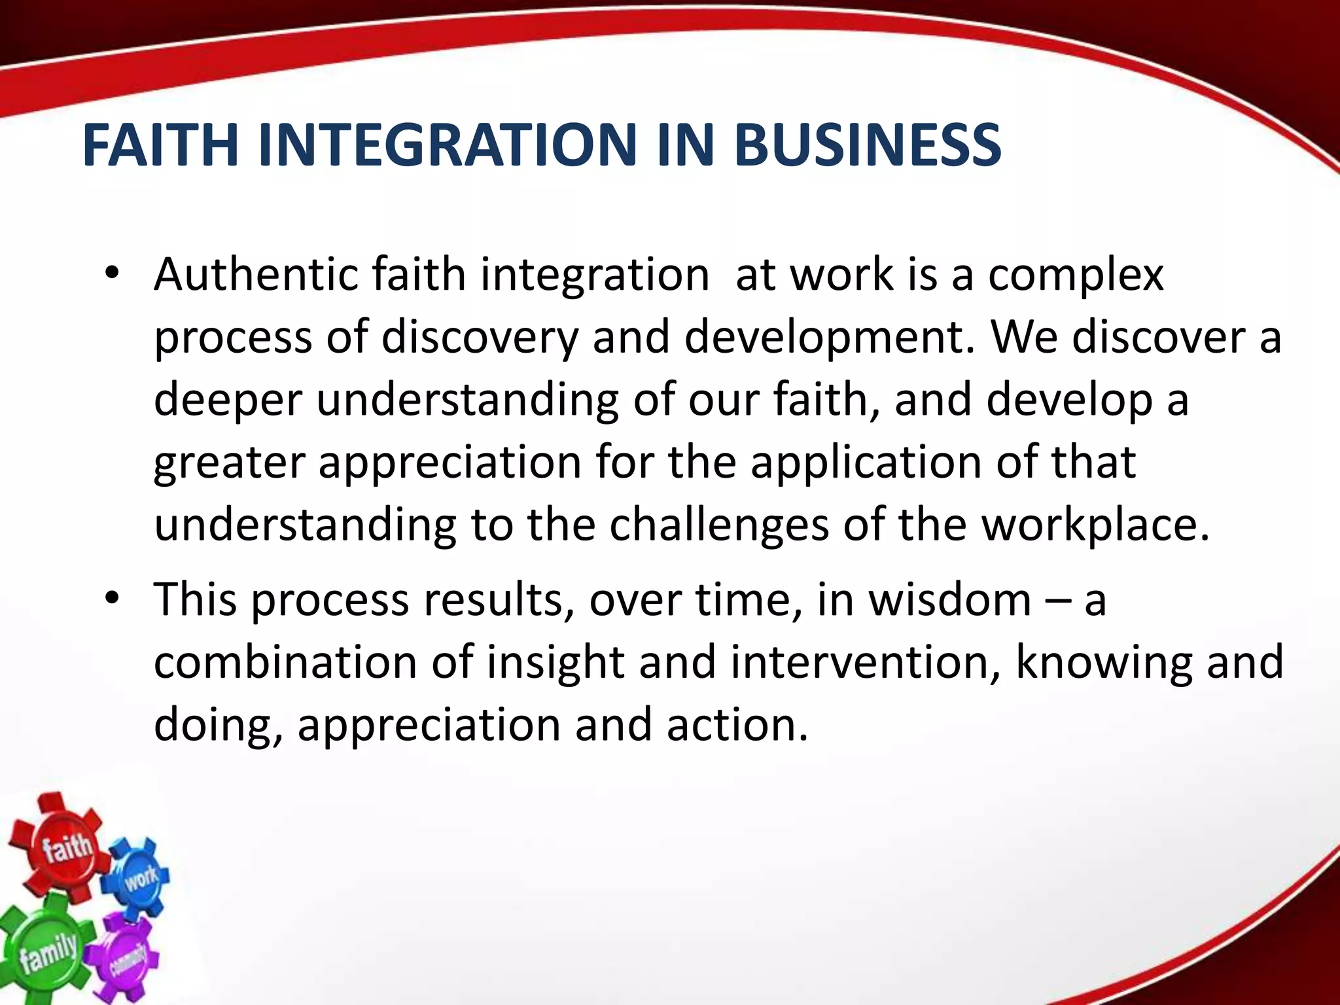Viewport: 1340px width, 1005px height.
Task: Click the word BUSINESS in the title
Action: (868, 145)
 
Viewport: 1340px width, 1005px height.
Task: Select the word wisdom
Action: (949, 600)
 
